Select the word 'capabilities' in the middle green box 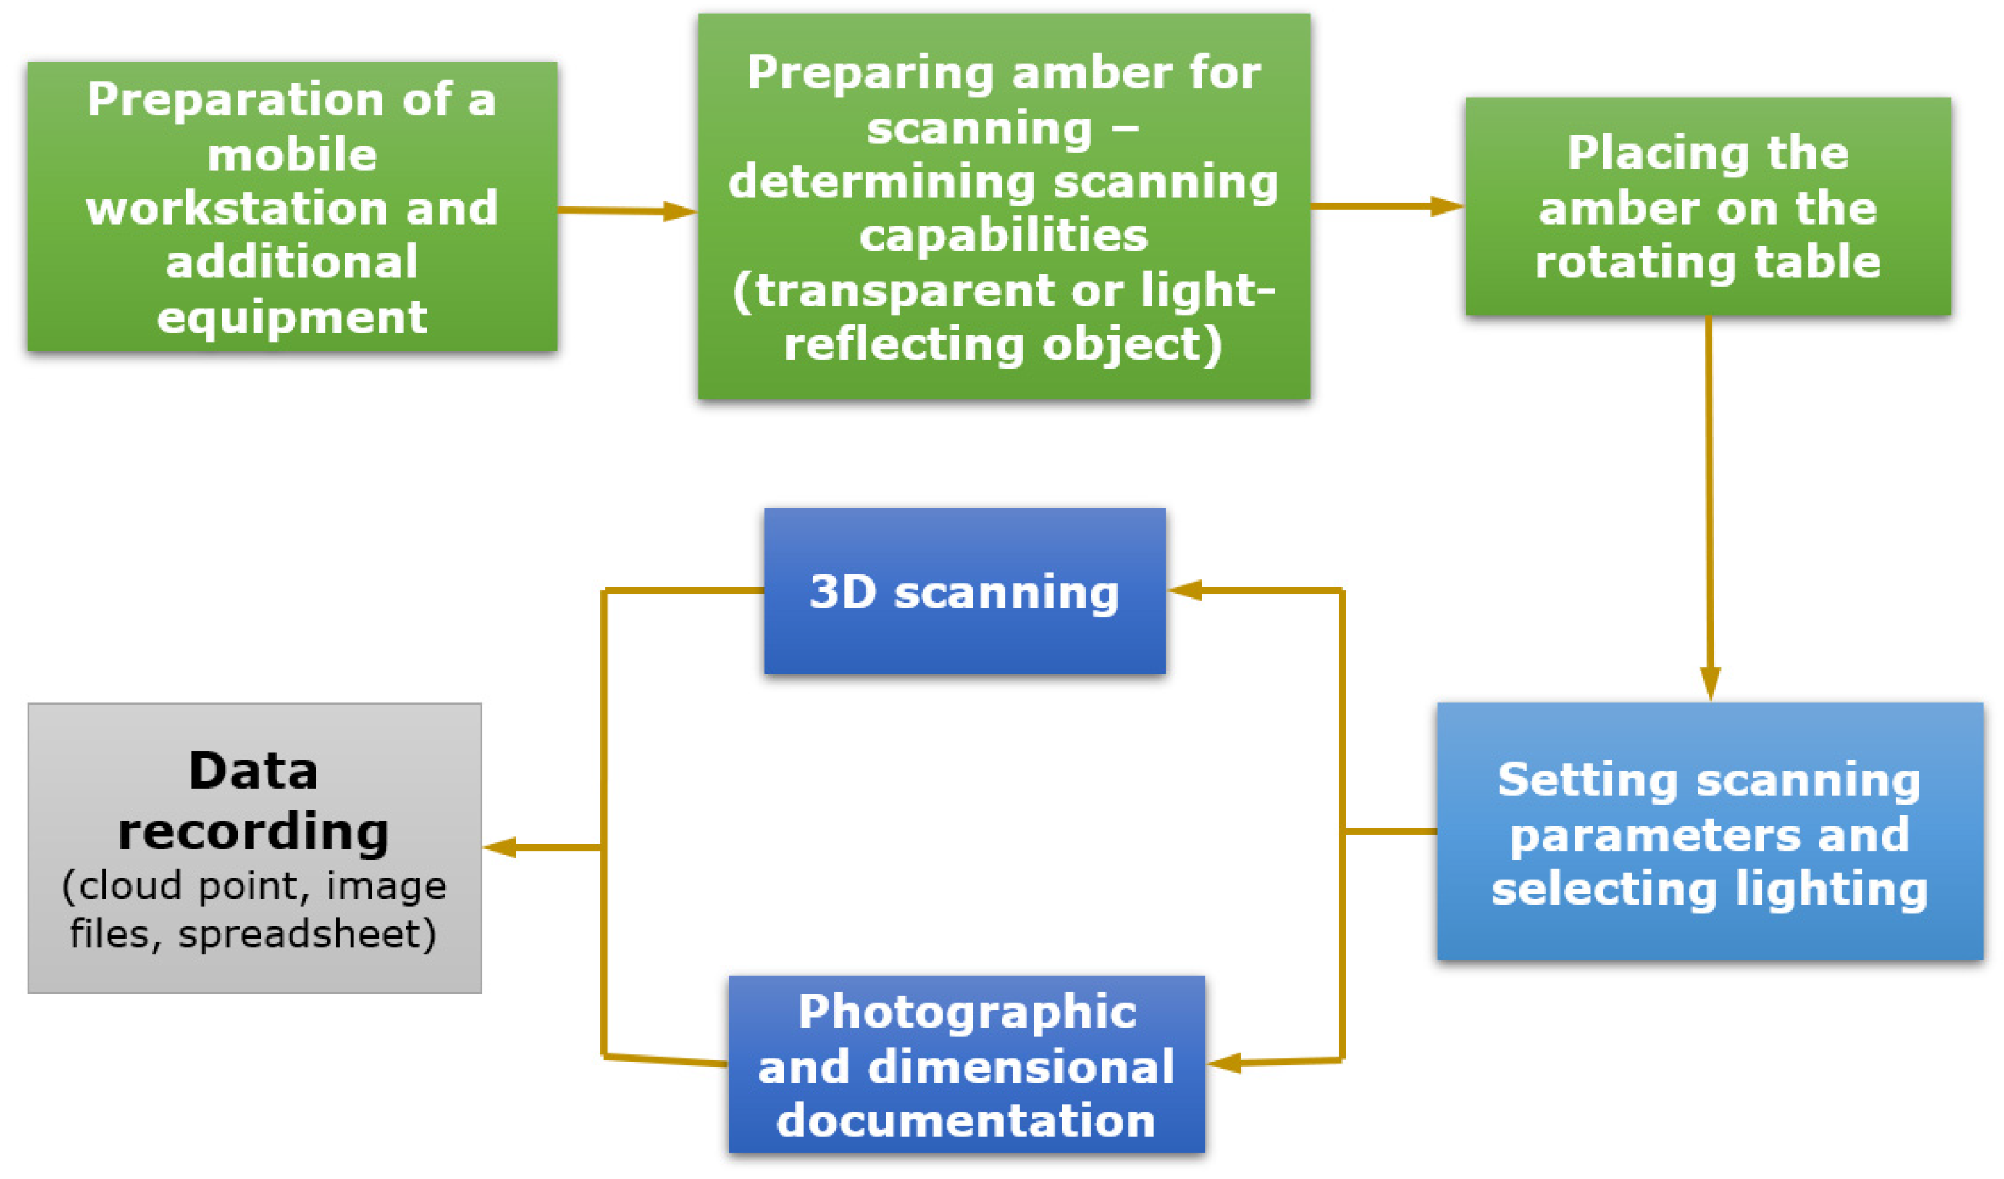point(1004,235)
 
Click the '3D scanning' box point(964,592)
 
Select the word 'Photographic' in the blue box point(967,1012)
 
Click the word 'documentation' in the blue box point(965,1120)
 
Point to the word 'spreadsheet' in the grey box point(306,933)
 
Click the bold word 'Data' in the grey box point(253,771)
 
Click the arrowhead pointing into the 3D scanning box point(1185,590)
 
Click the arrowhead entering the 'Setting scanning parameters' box point(1710,684)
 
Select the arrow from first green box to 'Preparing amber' point(626,211)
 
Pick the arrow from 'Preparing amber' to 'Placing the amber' point(1387,206)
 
